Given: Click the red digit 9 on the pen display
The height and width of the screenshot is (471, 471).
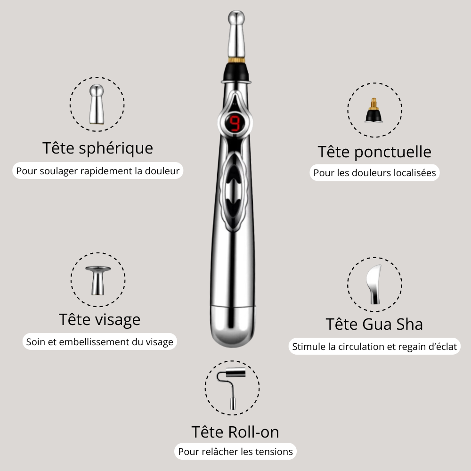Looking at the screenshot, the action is (235, 123).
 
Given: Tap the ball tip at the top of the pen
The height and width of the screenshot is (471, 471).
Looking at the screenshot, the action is (236, 17).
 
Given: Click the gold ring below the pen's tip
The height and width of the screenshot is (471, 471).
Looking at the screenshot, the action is (236, 60).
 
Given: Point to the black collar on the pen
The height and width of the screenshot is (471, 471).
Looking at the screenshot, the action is (236, 72).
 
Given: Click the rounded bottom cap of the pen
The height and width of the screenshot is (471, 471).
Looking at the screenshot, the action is (233, 326).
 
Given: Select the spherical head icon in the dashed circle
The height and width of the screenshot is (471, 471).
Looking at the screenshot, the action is (97, 104).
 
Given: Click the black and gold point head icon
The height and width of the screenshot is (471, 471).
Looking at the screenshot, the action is (374, 110).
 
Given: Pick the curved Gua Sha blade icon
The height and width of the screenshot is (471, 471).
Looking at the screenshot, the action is (374, 284).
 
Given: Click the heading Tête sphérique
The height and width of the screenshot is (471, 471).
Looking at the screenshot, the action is (97, 148).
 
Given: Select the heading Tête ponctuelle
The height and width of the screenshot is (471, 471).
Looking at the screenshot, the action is (374, 152).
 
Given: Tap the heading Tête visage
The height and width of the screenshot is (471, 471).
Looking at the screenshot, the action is (99, 319).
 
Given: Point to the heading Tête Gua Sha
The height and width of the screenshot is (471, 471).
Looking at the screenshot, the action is (374, 324).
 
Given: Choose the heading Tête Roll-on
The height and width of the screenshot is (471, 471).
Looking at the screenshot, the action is (235, 432).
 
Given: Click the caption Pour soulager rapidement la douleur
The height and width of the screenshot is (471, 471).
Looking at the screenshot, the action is (97, 171).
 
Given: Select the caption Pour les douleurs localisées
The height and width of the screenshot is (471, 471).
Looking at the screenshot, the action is (374, 173).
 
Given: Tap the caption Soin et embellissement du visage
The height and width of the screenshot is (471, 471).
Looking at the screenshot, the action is (99, 341).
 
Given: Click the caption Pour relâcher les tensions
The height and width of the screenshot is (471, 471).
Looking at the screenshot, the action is (235, 452).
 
